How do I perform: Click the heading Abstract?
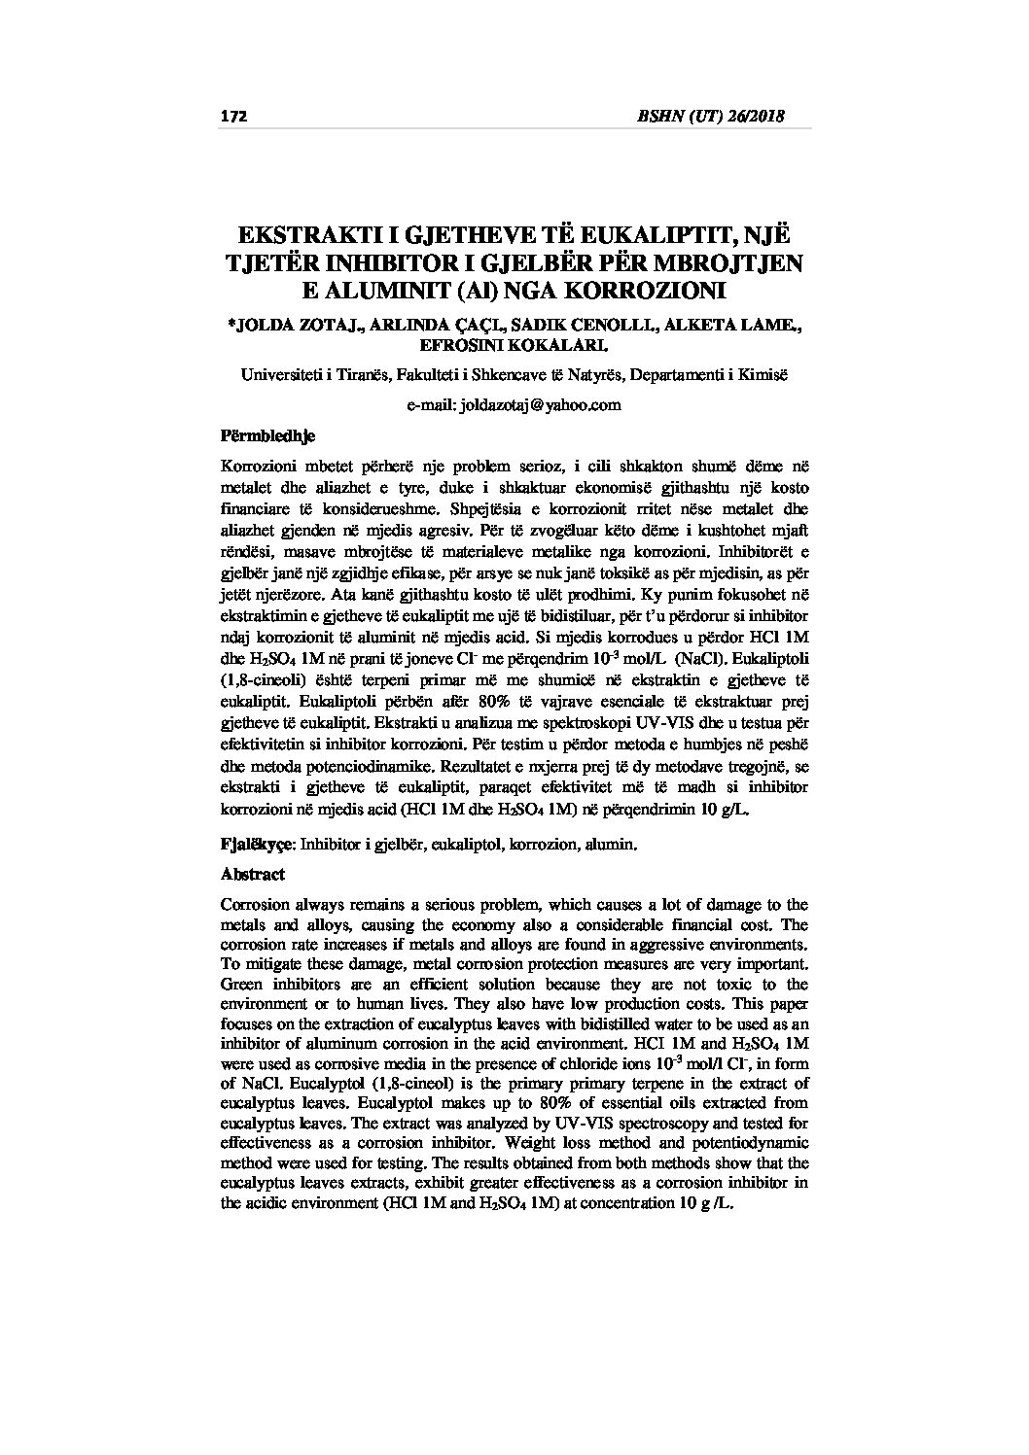pos(253,874)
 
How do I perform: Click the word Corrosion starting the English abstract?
pos(256,905)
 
